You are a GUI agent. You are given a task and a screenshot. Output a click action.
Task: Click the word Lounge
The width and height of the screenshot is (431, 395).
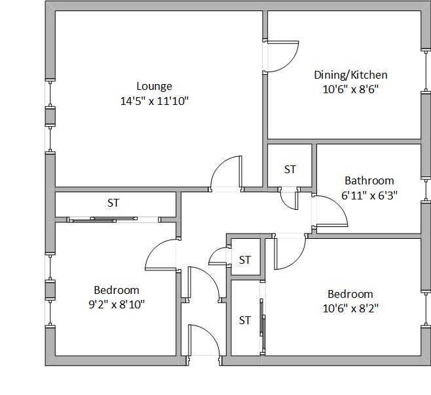tap(154, 87)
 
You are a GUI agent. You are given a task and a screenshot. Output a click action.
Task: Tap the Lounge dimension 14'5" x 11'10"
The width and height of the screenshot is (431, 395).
tap(154, 101)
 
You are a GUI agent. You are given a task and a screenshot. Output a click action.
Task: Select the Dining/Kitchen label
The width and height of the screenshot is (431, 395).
tap(350, 75)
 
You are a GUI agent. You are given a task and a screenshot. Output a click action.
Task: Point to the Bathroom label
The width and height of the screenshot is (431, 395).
tap(369, 181)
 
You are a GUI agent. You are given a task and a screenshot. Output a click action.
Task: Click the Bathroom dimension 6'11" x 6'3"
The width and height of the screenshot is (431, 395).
tap(369, 196)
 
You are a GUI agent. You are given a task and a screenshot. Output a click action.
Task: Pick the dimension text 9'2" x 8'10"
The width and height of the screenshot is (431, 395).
tap(117, 304)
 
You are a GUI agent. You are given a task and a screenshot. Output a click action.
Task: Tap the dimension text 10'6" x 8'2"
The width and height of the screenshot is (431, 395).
tap(350, 308)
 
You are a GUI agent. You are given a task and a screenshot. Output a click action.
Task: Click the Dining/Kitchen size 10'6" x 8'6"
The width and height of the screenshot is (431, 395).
tap(350, 89)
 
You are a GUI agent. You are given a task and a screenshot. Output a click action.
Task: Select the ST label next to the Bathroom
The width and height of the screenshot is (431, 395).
tap(290, 169)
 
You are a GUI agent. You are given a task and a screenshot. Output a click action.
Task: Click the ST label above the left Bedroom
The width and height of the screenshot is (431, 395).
tap(113, 203)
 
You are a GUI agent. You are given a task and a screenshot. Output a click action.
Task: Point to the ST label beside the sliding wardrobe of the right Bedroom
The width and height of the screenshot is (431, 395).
tap(245, 320)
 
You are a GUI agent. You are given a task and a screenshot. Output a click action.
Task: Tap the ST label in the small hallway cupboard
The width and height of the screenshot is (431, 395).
tap(245, 260)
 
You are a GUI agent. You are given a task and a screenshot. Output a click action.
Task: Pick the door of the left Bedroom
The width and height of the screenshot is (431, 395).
tap(155, 249)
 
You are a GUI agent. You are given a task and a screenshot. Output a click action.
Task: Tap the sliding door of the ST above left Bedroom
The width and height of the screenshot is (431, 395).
tap(103, 219)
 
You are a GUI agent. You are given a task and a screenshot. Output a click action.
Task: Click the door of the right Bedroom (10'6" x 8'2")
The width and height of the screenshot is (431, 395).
tap(297, 261)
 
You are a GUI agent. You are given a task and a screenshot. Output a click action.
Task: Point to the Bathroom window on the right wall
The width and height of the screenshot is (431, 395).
tap(426, 190)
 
